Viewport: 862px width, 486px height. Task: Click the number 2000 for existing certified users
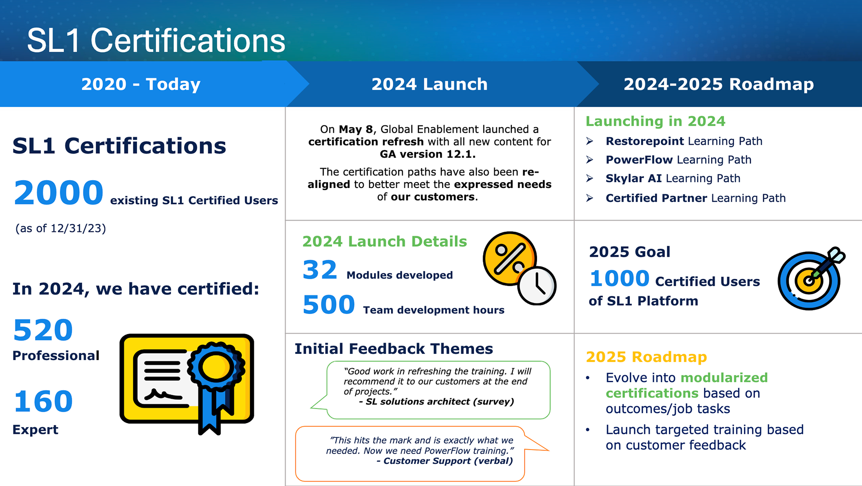click(59, 192)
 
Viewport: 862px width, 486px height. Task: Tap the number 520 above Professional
click(43, 330)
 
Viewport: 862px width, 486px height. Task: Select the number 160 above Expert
click(44, 401)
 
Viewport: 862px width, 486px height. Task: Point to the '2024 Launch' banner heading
click(430, 84)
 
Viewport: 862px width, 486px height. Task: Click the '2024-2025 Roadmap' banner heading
click(719, 84)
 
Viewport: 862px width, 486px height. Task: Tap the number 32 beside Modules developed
click(320, 270)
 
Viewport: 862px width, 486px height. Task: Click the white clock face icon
click(537, 286)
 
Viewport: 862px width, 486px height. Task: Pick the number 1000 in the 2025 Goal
click(620, 278)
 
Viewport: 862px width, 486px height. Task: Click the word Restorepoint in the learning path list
click(645, 141)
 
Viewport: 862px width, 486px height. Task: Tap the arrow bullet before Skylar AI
click(590, 178)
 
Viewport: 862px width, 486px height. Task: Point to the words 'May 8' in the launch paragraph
click(356, 129)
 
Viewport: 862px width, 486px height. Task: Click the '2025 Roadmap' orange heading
click(646, 357)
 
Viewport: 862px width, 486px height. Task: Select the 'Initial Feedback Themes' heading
click(394, 349)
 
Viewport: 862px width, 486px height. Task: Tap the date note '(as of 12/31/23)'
click(61, 228)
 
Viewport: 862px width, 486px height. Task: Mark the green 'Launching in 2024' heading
click(655, 121)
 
